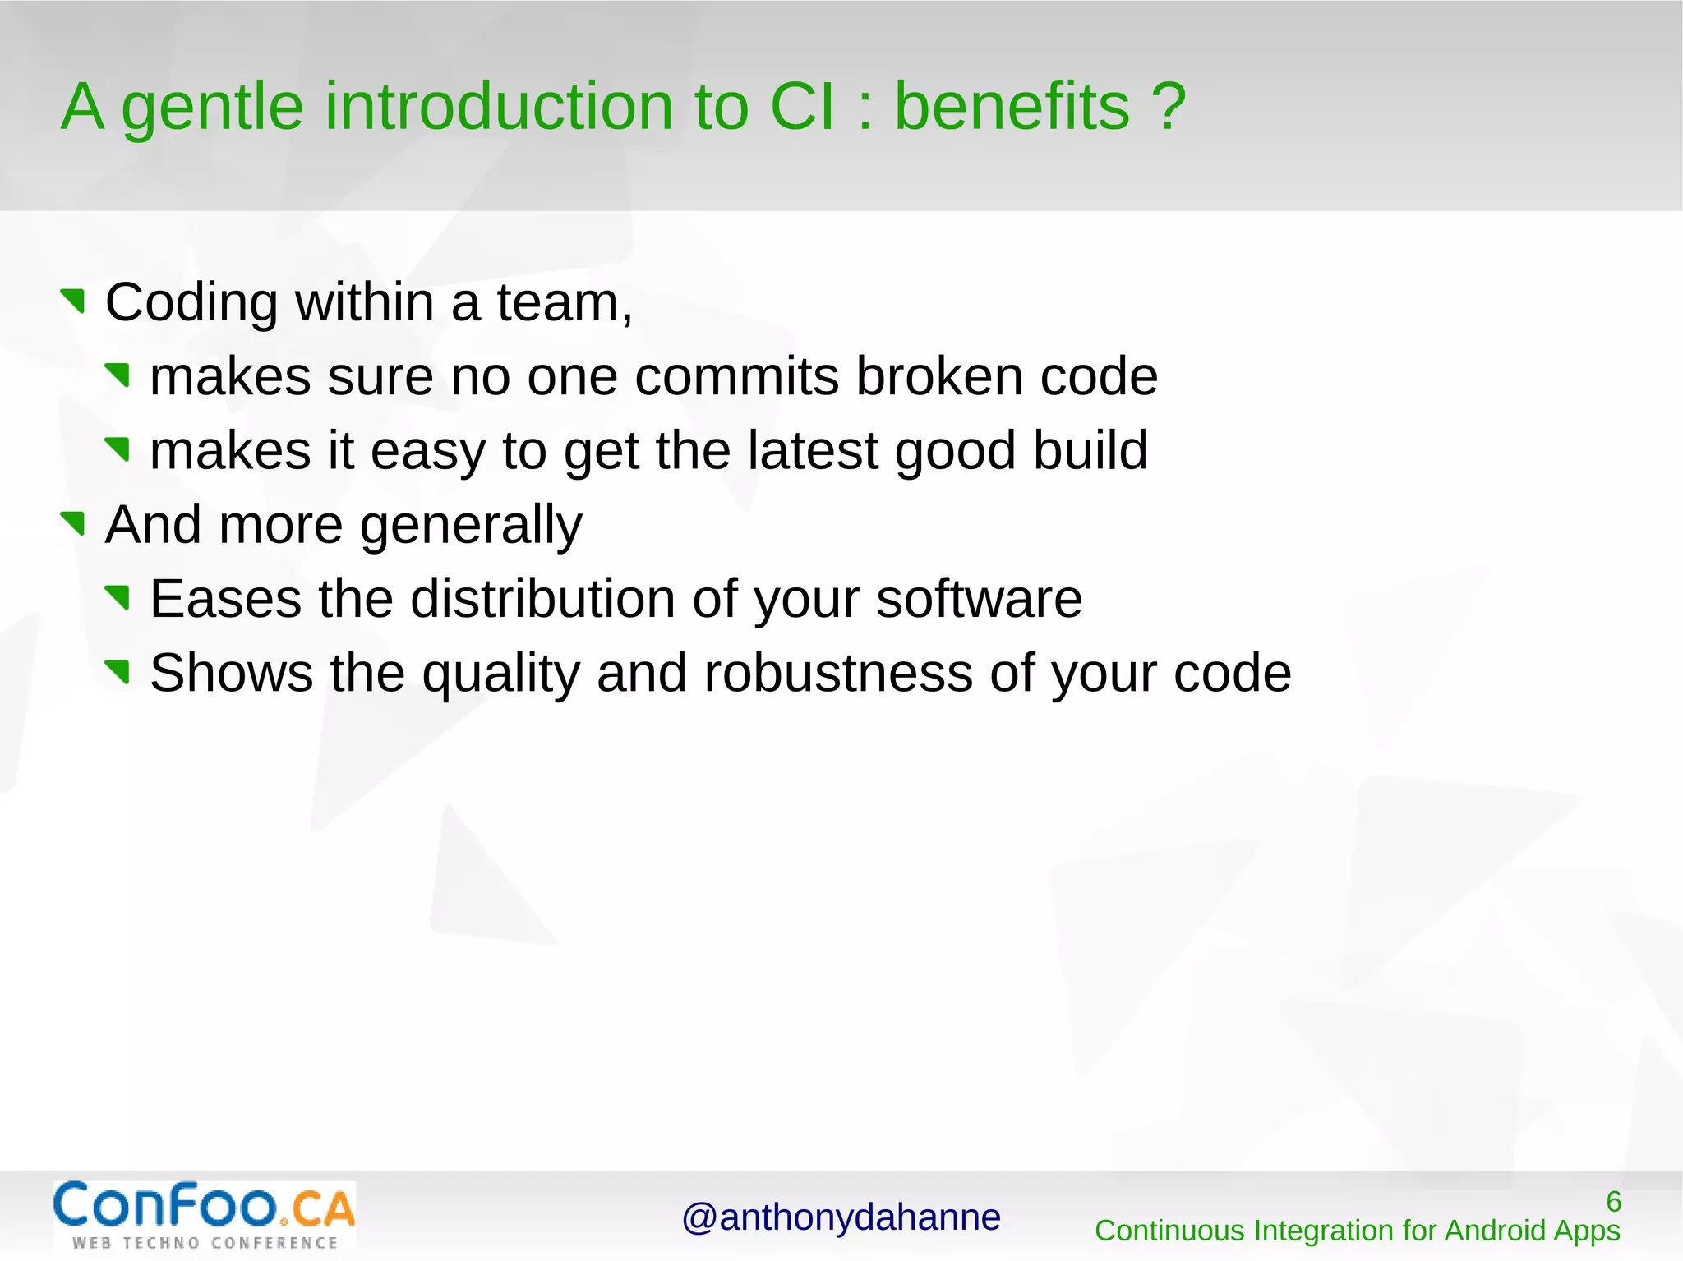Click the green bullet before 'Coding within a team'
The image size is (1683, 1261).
click(x=74, y=301)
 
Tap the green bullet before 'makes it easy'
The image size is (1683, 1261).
click(x=118, y=449)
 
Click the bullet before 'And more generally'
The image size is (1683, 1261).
click(x=74, y=522)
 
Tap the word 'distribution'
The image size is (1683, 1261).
click(x=542, y=598)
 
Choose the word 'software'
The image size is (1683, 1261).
click(x=979, y=598)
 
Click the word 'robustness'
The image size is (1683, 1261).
click(x=837, y=673)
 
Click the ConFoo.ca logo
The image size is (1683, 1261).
click(x=205, y=1215)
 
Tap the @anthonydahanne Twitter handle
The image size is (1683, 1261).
click(x=841, y=1217)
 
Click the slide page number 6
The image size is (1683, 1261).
click(x=1613, y=1202)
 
